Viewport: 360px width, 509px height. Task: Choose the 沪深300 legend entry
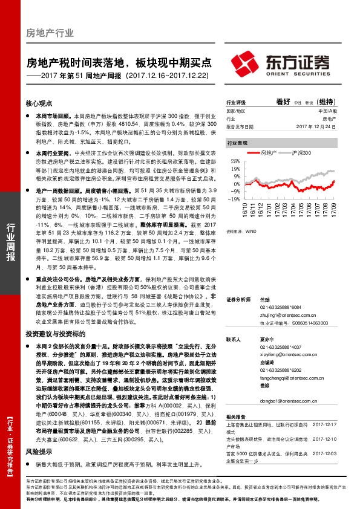(299, 154)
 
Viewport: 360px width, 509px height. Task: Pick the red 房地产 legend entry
(266, 154)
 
